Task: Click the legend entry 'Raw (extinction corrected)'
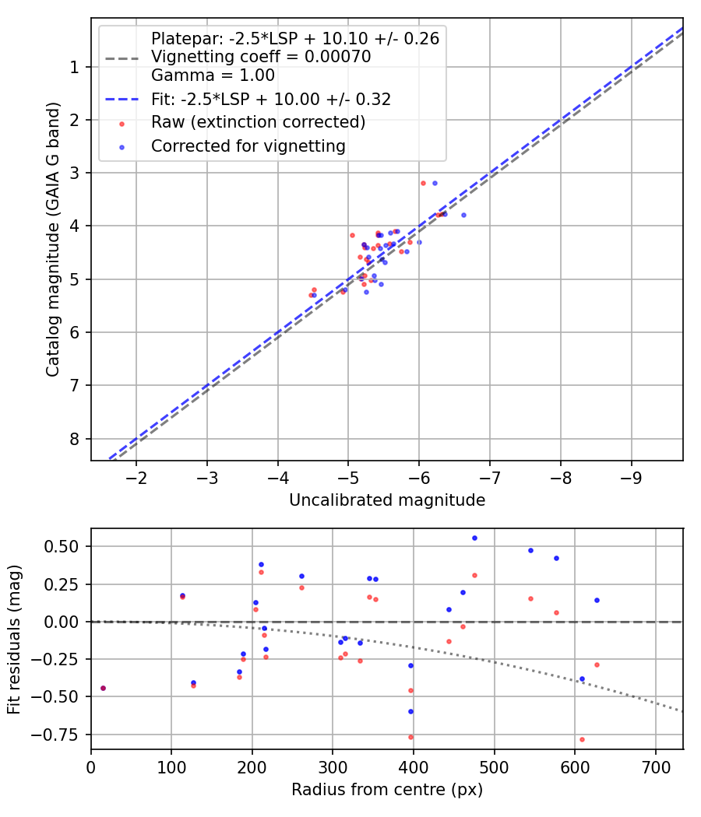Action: (258, 122)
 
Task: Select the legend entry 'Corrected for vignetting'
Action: (248, 146)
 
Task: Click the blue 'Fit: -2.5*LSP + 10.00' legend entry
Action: (271, 99)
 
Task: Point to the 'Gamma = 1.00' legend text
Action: (213, 75)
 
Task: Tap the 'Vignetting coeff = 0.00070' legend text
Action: (261, 57)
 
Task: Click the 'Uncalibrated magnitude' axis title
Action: (387, 500)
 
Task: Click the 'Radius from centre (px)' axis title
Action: (387, 790)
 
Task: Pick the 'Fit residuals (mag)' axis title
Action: (14, 639)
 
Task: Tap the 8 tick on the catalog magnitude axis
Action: (75, 439)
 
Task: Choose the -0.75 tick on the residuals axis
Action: (61, 735)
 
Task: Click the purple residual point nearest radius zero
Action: (103, 688)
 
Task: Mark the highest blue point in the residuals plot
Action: (474, 538)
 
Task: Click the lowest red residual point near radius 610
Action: (582, 739)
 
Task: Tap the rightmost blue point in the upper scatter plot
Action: (463, 215)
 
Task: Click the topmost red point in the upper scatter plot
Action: (423, 183)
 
